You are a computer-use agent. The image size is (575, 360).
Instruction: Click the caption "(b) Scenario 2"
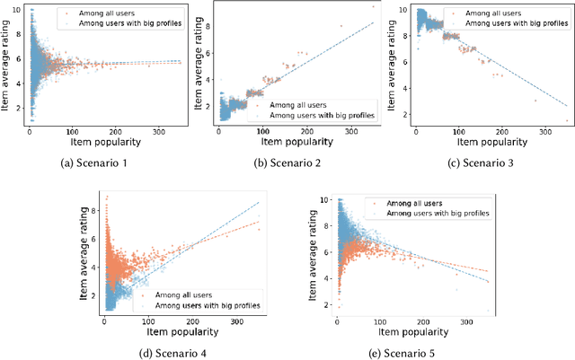pyautogui.click(x=288, y=163)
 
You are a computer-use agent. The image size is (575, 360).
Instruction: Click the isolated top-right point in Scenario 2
pyautogui.click(x=372, y=7)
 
